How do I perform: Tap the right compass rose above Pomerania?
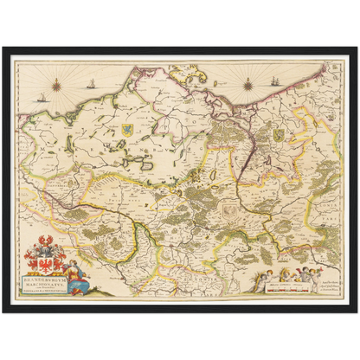point(247,85)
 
